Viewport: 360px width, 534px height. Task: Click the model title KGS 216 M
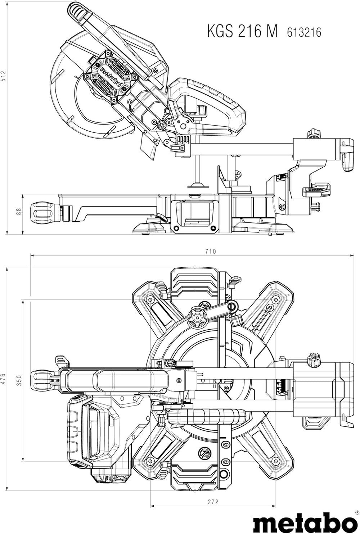242,31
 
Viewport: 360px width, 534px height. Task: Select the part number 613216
304,32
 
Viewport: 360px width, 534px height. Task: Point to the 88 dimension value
19,212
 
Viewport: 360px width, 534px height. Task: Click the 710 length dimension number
211,252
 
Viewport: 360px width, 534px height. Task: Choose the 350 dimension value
19,380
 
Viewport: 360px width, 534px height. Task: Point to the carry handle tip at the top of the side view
74,7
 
